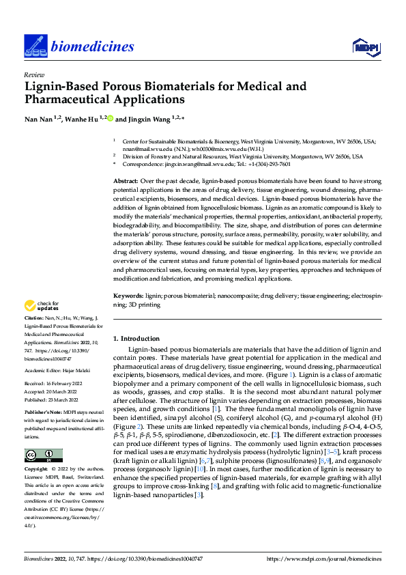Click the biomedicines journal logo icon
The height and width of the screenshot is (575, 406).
[33, 46]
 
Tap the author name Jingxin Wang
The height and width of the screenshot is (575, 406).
[151, 119]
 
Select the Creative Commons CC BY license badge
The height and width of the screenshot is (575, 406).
[43, 455]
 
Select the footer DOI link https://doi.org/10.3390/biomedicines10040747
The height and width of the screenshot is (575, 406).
[151, 559]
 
